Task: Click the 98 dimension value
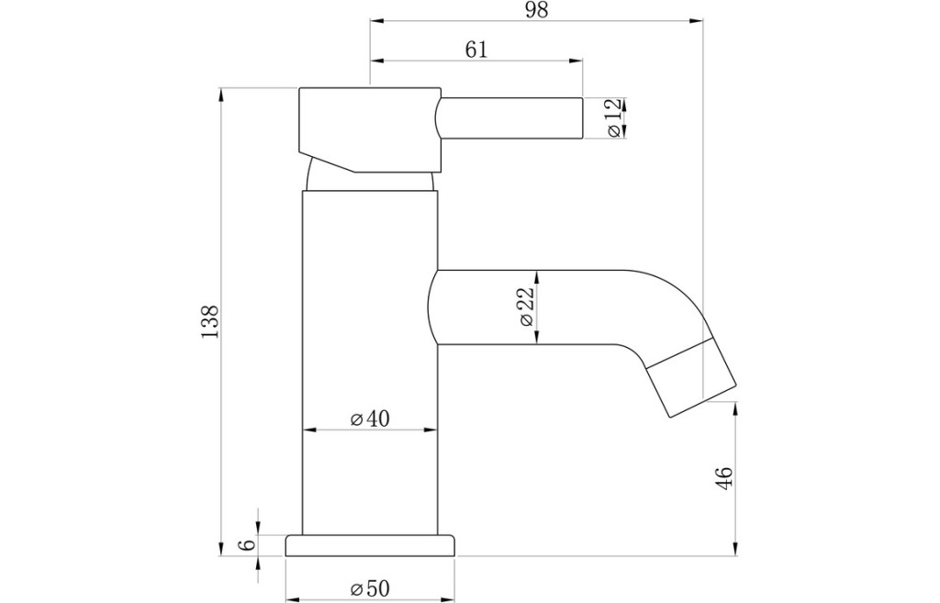point(536,10)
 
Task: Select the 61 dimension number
point(476,50)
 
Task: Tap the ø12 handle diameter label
point(613,117)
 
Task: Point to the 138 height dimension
point(209,322)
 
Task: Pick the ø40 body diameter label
point(370,419)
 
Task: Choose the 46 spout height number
point(724,478)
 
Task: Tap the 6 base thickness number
point(247,545)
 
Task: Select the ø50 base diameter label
point(370,588)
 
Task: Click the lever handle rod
point(509,118)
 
